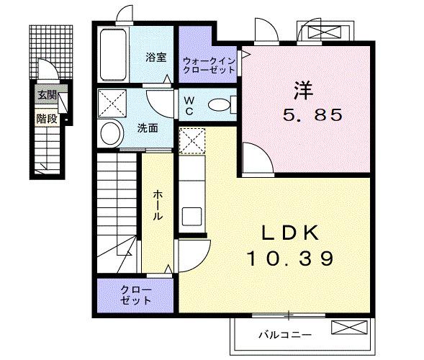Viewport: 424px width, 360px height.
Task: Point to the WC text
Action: click(x=189, y=105)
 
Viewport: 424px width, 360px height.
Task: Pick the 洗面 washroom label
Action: click(x=148, y=128)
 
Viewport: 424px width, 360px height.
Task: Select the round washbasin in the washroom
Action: click(x=111, y=133)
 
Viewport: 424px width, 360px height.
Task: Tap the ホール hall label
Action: click(x=156, y=205)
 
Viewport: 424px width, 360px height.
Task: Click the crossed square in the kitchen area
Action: click(x=191, y=141)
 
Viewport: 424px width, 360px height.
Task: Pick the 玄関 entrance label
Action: click(x=47, y=94)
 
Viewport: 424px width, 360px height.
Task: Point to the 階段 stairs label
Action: click(x=47, y=118)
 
